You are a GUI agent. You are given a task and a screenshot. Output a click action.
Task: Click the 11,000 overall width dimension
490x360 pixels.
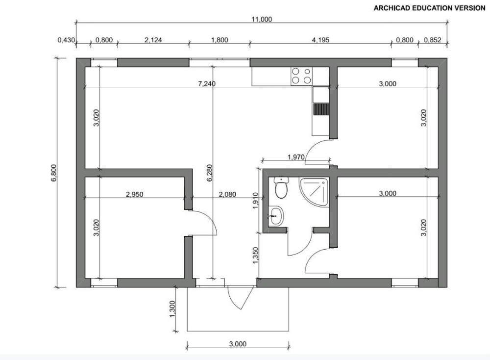tap(262, 20)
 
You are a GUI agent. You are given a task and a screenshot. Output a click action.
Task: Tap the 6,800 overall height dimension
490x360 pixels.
tap(54, 173)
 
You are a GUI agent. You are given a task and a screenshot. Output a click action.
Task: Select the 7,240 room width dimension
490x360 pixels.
tap(207, 84)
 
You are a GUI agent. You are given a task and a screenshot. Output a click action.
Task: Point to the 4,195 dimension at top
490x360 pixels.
tap(320, 40)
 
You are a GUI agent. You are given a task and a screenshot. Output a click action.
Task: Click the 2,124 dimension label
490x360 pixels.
tap(153, 40)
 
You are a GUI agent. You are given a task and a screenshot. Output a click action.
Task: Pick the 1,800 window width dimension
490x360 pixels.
tap(220, 40)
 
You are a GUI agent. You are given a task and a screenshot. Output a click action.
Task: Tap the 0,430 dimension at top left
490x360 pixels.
tap(66, 40)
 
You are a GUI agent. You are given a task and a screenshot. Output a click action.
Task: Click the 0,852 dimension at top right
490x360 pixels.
tap(433, 40)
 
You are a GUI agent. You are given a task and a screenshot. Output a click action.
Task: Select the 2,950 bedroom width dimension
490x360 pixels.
tap(135, 195)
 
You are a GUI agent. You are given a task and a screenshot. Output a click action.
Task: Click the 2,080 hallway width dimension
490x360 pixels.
tap(227, 195)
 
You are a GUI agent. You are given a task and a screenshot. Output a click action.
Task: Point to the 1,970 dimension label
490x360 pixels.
tap(295, 157)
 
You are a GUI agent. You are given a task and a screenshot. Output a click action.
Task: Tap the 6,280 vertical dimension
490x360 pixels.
tap(209, 173)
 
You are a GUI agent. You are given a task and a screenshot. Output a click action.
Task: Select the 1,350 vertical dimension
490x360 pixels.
tap(256, 255)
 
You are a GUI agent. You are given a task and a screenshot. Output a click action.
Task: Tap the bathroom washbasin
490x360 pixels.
tap(276, 216)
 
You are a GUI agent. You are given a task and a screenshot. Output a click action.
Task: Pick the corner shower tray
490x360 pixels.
tap(314, 191)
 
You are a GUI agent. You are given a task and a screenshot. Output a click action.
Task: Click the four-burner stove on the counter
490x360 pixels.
tap(301, 76)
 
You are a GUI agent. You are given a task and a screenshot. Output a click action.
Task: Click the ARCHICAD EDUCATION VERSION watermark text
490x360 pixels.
tap(429, 8)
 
